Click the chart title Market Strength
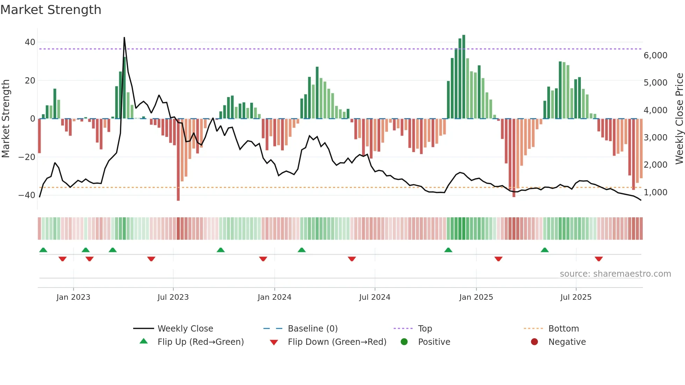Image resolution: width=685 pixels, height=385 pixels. [x=51, y=10]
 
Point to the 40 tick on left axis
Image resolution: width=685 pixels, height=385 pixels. [x=30, y=42]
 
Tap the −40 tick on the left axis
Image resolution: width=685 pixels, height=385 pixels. [x=27, y=195]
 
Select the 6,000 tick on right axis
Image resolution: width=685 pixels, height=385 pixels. [x=655, y=56]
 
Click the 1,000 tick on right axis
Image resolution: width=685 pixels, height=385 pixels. [x=655, y=192]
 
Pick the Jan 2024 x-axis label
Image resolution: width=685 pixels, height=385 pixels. [x=274, y=297]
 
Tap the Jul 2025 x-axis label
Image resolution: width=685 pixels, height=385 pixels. [x=576, y=297]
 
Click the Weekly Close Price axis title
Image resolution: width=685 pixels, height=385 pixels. [x=679, y=119]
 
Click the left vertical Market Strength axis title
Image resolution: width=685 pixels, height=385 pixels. [x=6, y=119]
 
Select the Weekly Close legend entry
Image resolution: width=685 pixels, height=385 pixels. [x=185, y=329]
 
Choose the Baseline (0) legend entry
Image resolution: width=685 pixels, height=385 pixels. [x=312, y=329]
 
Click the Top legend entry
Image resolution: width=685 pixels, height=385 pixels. [x=425, y=329]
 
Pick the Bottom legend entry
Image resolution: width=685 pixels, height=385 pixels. [x=563, y=329]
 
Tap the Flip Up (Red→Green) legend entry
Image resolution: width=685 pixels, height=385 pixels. [x=200, y=342]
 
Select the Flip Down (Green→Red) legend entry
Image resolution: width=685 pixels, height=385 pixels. [x=337, y=342]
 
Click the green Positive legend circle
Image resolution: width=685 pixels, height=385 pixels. [x=404, y=342]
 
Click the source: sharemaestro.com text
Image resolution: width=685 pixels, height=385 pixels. [x=615, y=274]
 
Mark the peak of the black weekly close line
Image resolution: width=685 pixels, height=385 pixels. [x=124, y=38]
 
